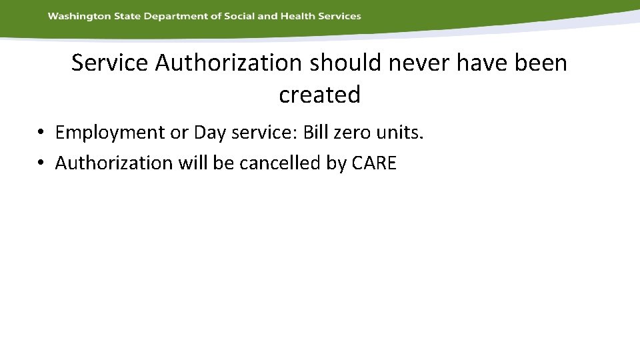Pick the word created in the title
(319, 95)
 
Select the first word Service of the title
(110, 63)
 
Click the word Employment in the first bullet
(110, 133)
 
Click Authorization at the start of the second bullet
(113, 163)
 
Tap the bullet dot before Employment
(41, 133)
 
